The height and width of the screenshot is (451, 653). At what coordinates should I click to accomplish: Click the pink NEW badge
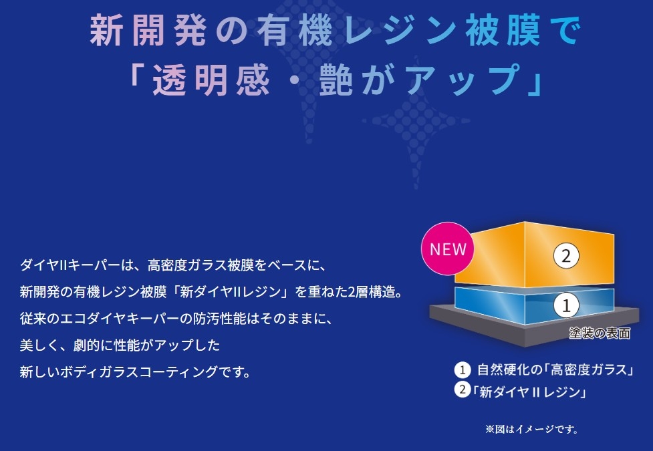point(448,249)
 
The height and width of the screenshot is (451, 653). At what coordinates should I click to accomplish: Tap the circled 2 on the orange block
point(566,256)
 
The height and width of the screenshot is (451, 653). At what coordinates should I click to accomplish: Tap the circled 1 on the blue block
point(566,305)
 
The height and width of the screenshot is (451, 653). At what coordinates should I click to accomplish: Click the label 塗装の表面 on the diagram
point(600,333)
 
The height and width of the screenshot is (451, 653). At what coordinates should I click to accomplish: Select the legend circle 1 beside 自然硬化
point(463,369)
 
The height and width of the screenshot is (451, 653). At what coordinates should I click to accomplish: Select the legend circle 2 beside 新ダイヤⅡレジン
point(463,390)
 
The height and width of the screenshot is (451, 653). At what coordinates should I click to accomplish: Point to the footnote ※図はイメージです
point(531,429)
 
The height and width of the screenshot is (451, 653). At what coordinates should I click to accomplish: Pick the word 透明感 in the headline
point(211,80)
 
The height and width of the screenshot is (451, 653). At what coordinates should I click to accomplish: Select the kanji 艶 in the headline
point(336,80)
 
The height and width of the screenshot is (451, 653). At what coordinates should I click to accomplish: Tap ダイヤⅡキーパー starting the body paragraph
point(70,265)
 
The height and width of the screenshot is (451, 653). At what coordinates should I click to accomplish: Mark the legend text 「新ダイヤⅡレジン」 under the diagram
point(529,392)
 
